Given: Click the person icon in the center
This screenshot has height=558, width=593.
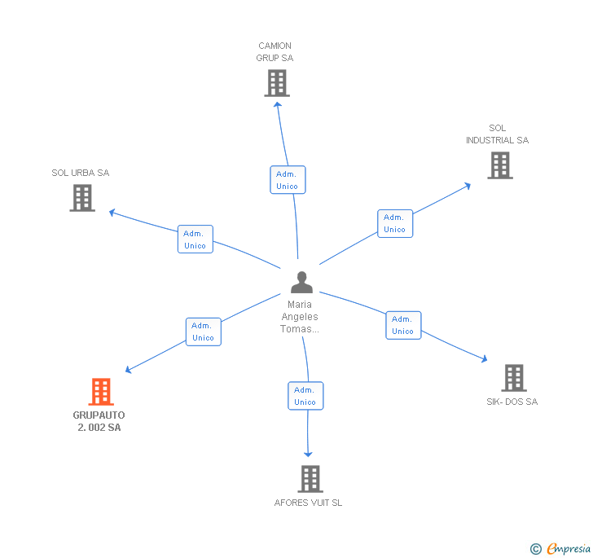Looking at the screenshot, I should pyautogui.click(x=301, y=283).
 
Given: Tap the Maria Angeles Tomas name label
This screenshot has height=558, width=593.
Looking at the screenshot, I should pyautogui.click(x=300, y=317).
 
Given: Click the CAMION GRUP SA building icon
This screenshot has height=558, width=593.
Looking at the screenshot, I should pyautogui.click(x=277, y=83).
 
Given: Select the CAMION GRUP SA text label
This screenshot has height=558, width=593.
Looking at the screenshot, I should pyautogui.click(x=275, y=52).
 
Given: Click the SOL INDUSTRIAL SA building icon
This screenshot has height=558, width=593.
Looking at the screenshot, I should pyautogui.click(x=499, y=165).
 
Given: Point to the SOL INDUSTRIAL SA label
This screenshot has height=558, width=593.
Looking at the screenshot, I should pyautogui.click(x=497, y=134).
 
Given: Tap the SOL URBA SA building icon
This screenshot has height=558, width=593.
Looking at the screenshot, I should pyautogui.click(x=82, y=198).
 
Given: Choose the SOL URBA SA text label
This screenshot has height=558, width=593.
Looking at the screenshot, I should pyautogui.click(x=80, y=173).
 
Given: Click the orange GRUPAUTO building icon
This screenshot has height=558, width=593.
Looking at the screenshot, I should pyautogui.click(x=100, y=392).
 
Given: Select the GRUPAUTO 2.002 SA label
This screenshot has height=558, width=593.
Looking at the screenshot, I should pyautogui.click(x=99, y=421).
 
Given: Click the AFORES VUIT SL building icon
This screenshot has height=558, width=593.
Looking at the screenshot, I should pyautogui.click(x=310, y=479).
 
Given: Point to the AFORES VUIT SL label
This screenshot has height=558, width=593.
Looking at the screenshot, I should pyautogui.click(x=308, y=503).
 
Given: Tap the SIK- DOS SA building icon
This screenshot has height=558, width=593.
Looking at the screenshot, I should pyautogui.click(x=513, y=378).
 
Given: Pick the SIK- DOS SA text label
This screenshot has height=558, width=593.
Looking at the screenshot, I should pyautogui.click(x=512, y=402).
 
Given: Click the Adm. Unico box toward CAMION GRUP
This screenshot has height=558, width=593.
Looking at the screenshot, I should pyautogui.click(x=288, y=180).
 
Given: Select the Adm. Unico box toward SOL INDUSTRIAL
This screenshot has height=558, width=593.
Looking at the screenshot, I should pyautogui.click(x=395, y=223).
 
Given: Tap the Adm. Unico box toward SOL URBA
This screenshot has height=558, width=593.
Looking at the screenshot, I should pyautogui.click(x=195, y=239).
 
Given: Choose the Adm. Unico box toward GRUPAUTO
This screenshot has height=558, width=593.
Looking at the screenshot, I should pyautogui.click(x=203, y=332).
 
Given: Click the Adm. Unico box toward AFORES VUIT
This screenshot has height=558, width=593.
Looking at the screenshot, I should pyautogui.click(x=305, y=396).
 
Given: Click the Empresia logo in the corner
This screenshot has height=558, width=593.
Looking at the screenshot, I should pyautogui.click(x=561, y=548).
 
